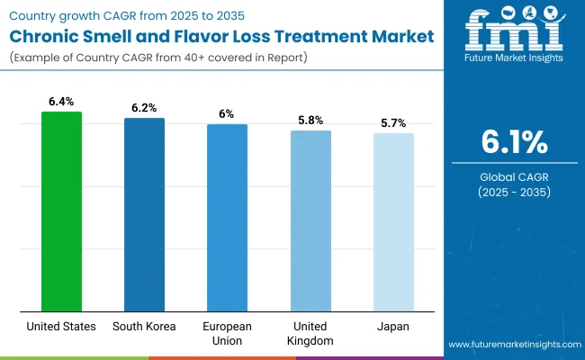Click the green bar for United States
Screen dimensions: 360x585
point(61,211)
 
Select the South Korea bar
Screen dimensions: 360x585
point(144,214)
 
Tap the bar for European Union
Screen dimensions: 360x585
point(227,218)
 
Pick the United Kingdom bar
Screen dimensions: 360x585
point(310,220)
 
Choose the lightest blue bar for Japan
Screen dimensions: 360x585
point(393,222)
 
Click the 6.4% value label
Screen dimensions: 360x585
point(61,102)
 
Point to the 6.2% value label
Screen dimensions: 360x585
point(144,108)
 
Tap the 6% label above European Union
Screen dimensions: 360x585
point(227,114)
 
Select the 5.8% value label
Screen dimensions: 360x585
point(310,121)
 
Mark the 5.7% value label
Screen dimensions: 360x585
point(393,123)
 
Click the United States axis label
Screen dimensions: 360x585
point(61,327)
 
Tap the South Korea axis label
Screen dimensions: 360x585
point(144,327)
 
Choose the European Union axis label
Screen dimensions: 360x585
point(227,333)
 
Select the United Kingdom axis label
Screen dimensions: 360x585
point(310,333)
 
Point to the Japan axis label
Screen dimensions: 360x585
point(393,327)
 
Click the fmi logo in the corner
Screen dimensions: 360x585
point(513,33)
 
